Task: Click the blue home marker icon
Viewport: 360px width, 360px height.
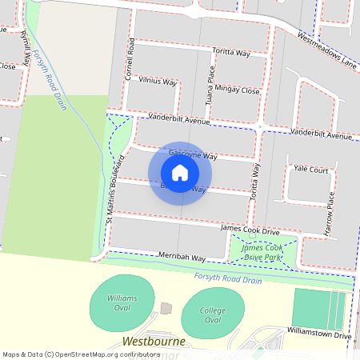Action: pyautogui.click(x=180, y=173)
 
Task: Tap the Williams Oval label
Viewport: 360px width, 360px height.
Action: pyautogui.click(x=122, y=302)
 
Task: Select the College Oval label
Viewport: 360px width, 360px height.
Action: pyautogui.click(x=212, y=315)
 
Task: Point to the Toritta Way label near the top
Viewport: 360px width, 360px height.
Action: pyautogui.click(x=231, y=53)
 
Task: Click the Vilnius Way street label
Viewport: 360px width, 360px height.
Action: pyautogui.click(x=157, y=81)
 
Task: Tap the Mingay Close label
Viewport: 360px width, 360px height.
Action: pyautogui.click(x=237, y=91)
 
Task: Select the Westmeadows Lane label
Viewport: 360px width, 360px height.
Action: pyautogui.click(x=326, y=50)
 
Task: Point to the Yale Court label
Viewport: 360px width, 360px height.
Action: pyautogui.click(x=311, y=170)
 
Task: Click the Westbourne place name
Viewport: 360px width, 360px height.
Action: pyautogui.click(x=155, y=342)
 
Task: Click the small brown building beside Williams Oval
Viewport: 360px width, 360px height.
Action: pyautogui.click(x=166, y=308)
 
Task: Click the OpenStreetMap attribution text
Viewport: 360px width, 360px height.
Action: pyautogui.click(x=71, y=354)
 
